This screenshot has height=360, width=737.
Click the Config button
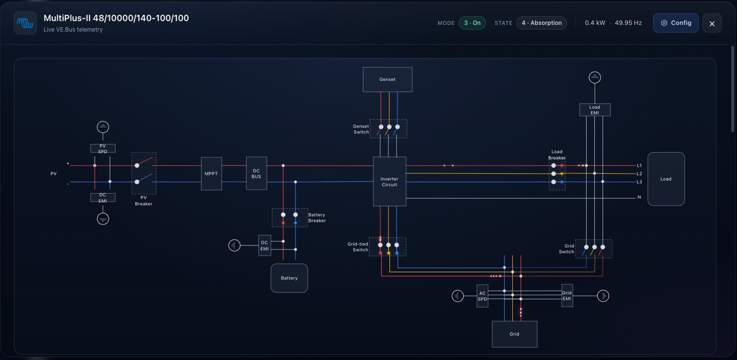coord(676,23)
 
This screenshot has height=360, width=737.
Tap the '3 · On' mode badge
coord(472,23)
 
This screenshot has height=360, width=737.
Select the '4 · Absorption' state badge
coord(542,23)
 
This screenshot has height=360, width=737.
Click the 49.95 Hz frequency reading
coord(628,23)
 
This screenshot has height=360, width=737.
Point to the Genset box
coord(388,80)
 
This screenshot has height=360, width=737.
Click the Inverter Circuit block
coord(389,182)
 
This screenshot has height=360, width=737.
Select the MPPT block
coord(211,174)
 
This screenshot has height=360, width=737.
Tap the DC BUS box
coord(256,173)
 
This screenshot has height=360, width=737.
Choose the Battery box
coord(289,278)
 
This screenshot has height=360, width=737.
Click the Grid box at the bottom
coord(515,334)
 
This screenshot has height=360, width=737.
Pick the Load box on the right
coord(666,179)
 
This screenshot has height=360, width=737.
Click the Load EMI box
coord(595,110)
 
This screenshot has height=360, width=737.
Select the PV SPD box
coord(103,149)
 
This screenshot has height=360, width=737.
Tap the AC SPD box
coord(482,296)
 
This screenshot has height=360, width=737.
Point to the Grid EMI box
coord(567,295)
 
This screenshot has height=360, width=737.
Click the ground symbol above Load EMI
coord(595,77)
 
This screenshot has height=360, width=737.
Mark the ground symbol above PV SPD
coord(103,127)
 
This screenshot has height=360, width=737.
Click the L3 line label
coord(639,182)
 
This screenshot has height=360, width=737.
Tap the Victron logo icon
coord(25,23)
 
